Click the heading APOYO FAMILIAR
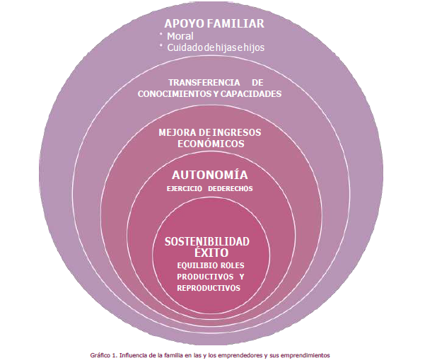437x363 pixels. tap(214, 23)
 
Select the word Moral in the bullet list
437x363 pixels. tap(180, 36)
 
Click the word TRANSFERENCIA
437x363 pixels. tap(199, 82)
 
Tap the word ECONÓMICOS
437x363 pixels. tap(210, 143)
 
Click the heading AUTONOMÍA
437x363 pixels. tap(209, 174)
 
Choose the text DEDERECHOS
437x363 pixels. tap(235, 189)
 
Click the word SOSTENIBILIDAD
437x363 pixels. tap(207, 241)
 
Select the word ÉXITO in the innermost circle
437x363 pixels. tap(207, 252)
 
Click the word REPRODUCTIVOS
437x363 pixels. tap(209, 288)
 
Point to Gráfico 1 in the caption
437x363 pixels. tap(104, 355)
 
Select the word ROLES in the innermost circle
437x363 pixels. tap(228, 265)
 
